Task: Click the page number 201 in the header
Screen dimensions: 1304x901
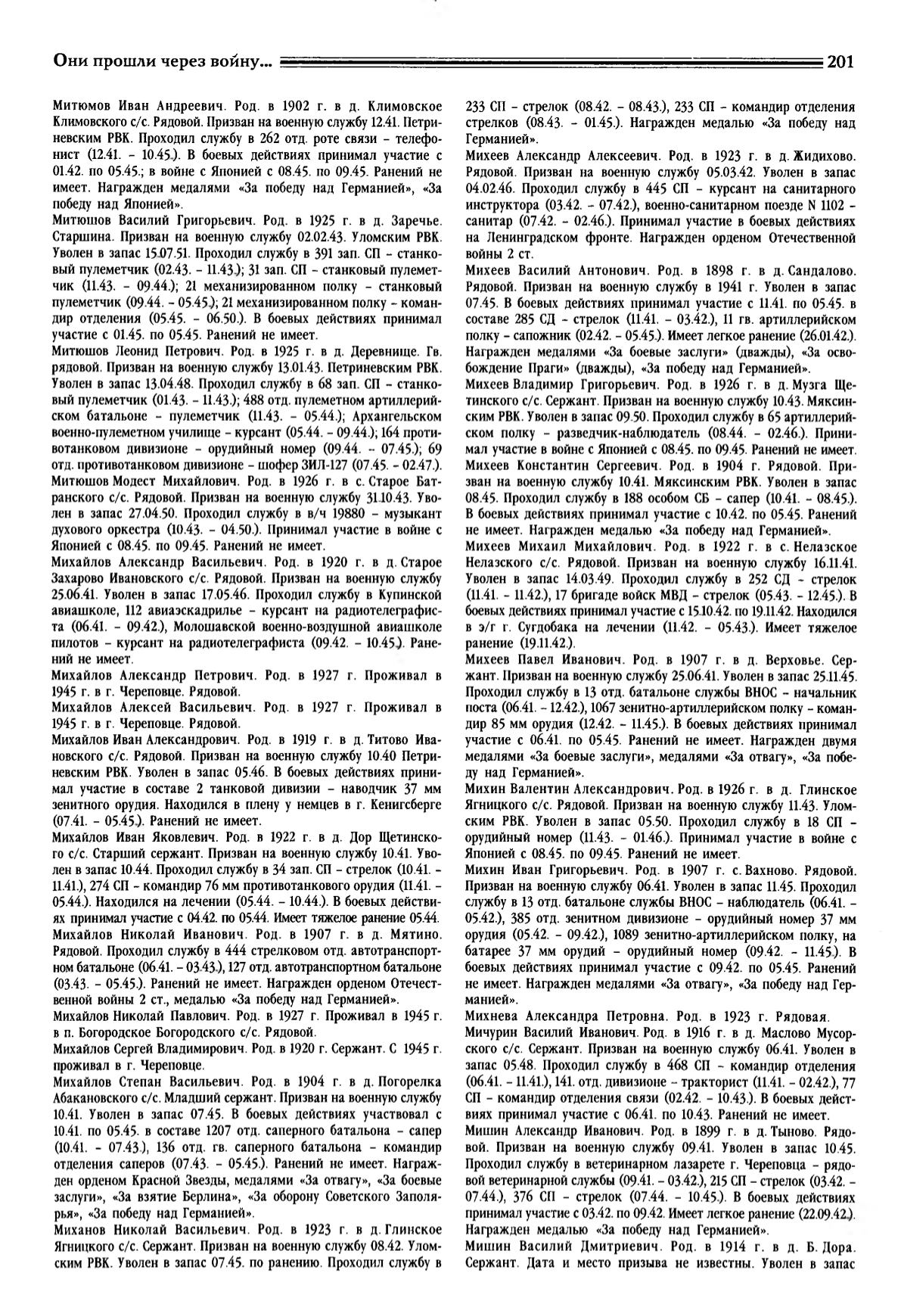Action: (840, 62)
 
